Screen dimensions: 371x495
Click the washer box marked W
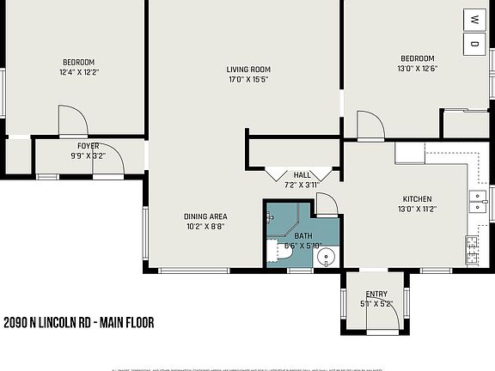(x=474, y=18)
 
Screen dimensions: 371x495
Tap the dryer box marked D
(x=474, y=43)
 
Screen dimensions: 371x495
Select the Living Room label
(x=248, y=70)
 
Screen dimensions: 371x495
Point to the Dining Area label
(x=205, y=216)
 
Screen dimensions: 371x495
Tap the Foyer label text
(x=89, y=146)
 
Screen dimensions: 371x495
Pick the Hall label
(x=302, y=175)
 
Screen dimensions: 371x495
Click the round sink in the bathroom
(x=326, y=257)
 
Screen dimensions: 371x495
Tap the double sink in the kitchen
(x=476, y=202)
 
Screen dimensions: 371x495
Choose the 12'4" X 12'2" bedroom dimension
(x=78, y=72)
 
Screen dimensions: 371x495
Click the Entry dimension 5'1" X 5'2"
(x=376, y=303)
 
